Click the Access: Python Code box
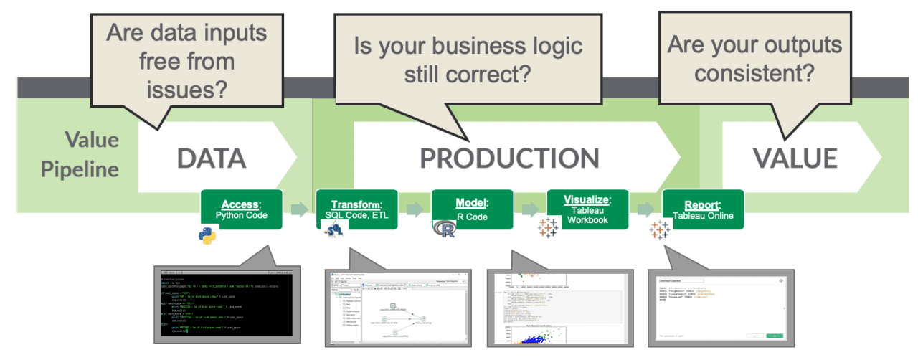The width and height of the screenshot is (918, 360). pos(241,209)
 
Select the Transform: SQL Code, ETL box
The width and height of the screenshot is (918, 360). pos(356,209)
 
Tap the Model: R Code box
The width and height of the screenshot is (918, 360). pos(472,209)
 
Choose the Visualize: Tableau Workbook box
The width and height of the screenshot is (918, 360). pos(587,209)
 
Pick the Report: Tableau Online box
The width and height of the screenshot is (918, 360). pos(703,209)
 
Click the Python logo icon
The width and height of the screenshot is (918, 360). pos(208,235)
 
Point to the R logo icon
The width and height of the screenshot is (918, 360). pos(445,229)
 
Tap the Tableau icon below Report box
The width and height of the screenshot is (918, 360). pos(660,229)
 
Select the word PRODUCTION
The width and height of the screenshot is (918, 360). pos(509,159)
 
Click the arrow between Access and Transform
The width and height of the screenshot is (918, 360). pos(299,209)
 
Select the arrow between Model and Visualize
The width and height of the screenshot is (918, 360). pos(530,209)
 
